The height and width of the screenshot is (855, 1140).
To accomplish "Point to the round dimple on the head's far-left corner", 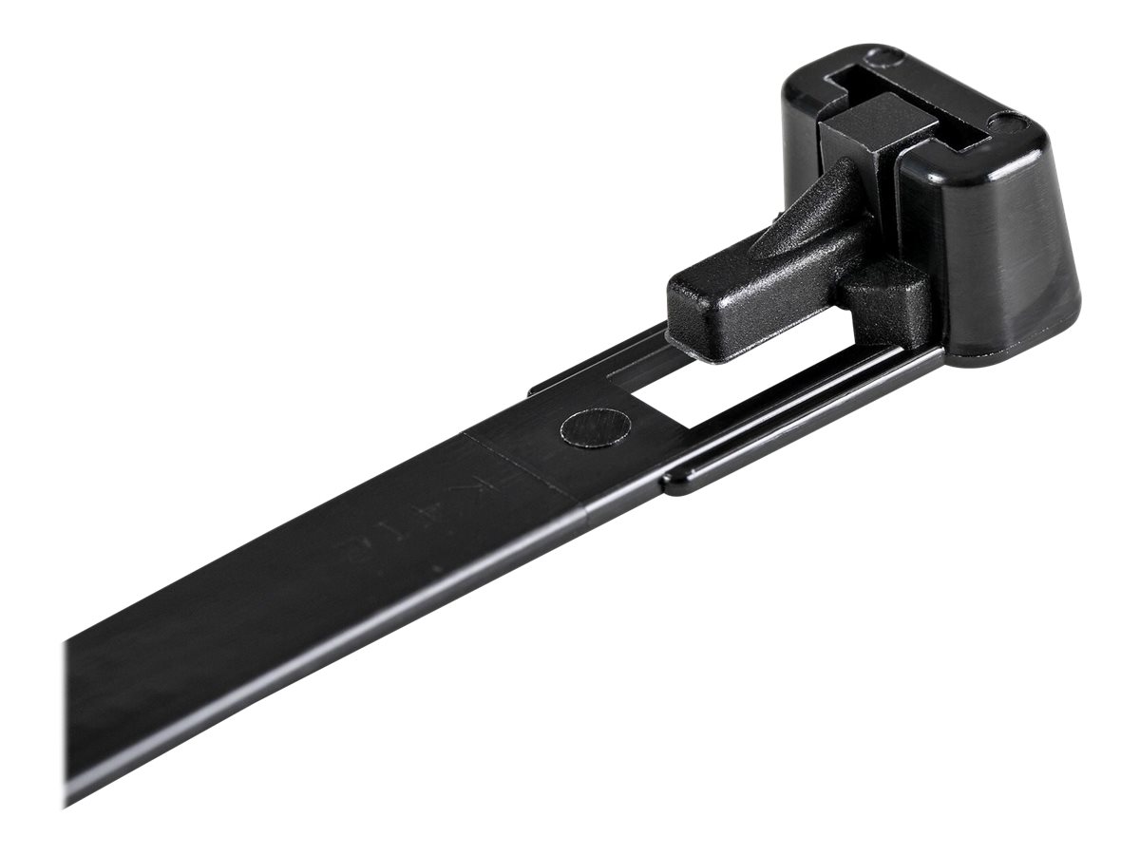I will [887, 59].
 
